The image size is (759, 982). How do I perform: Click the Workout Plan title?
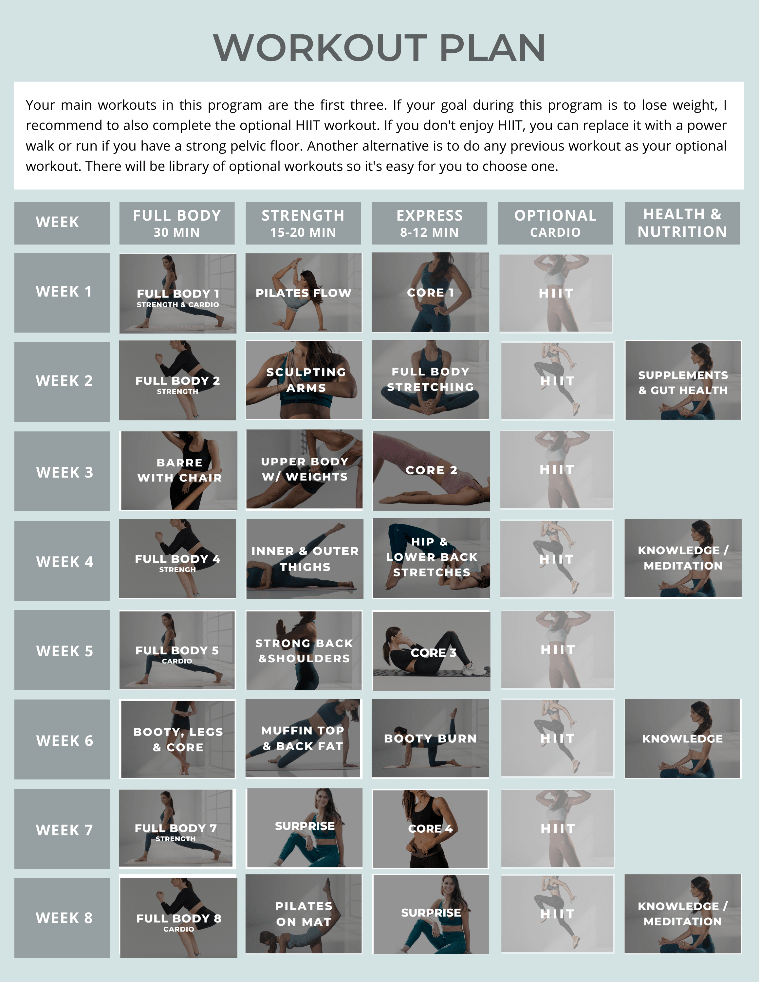[379, 48]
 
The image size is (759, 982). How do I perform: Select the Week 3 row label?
[62, 471]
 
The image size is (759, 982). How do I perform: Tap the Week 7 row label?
[62, 829]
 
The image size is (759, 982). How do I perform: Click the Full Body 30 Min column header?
[177, 223]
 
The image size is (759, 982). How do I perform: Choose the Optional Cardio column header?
[555, 223]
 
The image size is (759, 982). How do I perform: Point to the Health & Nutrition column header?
[682, 223]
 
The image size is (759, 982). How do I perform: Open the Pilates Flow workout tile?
[304, 293]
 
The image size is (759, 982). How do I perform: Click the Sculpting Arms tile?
[304, 380]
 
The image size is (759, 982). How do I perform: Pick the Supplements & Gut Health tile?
[683, 380]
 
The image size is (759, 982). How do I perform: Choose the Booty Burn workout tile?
[430, 738]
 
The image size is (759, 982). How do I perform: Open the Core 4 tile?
[430, 829]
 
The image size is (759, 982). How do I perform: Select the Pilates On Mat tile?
[304, 914]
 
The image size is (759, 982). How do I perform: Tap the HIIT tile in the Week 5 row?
[558, 650]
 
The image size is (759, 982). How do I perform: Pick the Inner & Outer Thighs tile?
[305, 559]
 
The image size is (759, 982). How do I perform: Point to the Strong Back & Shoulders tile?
[304, 650]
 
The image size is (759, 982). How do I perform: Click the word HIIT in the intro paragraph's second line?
[308, 125]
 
